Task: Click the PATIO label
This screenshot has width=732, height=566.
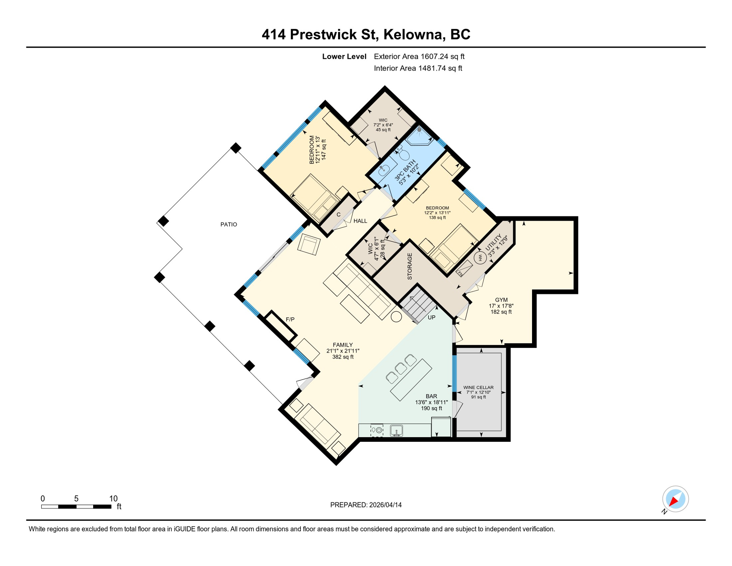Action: point(229,224)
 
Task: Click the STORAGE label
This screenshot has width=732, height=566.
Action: point(410,266)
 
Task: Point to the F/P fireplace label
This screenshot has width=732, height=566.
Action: point(290,319)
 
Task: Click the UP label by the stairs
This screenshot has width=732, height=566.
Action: point(432,317)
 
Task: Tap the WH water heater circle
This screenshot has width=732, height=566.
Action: point(480,258)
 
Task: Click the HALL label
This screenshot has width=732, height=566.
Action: point(360,221)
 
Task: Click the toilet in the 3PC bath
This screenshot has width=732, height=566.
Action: point(404,155)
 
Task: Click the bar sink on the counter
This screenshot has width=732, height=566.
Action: point(396,430)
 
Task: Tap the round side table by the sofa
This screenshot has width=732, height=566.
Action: point(396,317)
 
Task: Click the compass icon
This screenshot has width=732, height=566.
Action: point(675,499)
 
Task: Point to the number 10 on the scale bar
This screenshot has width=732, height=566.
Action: point(113,499)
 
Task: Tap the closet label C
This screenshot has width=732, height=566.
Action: point(338,215)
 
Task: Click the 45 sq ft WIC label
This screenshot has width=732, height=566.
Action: point(383,125)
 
